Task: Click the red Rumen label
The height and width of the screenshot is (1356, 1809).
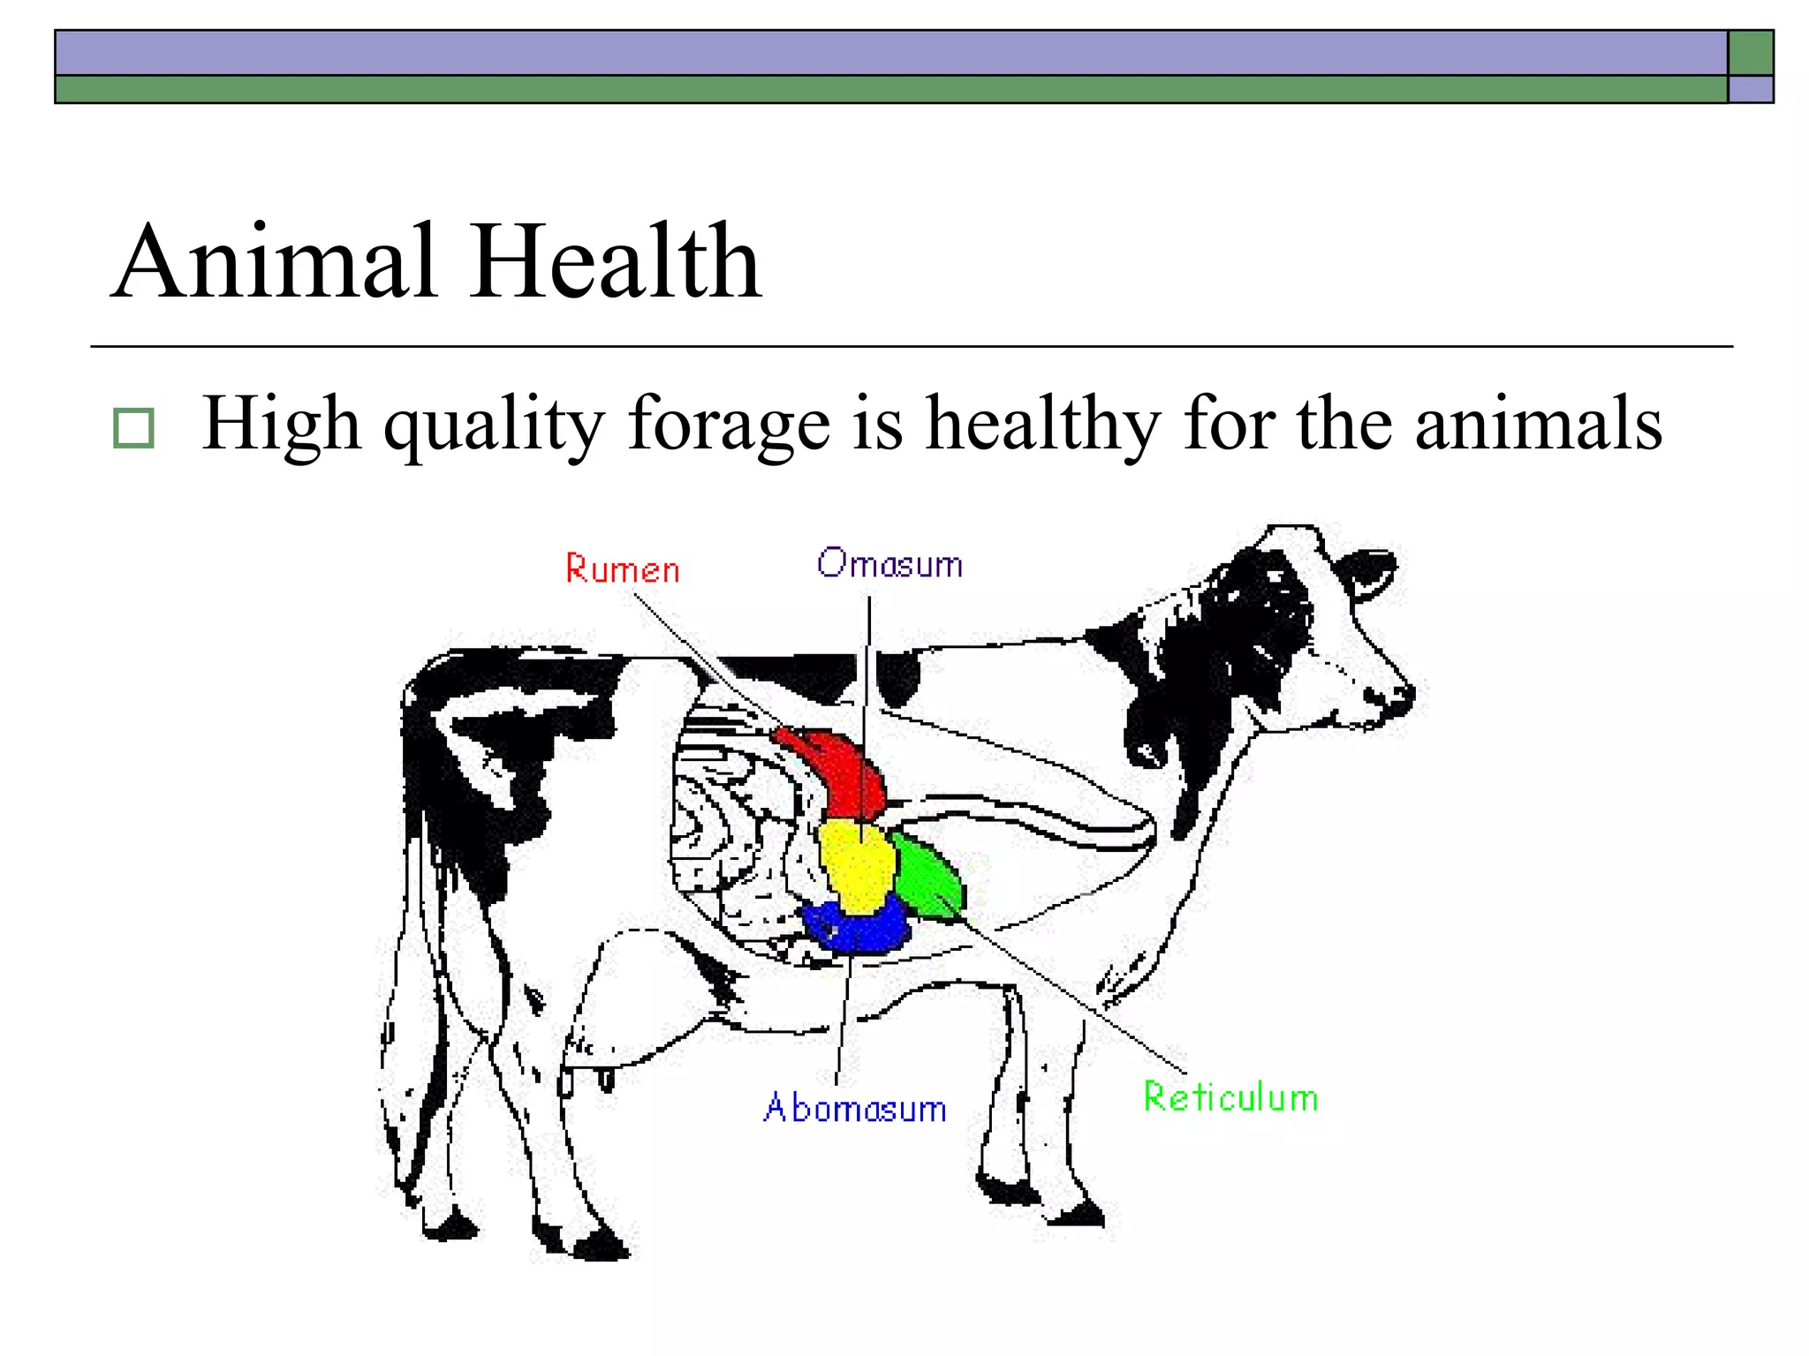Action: click(x=622, y=569)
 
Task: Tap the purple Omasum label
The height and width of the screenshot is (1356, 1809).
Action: click(x=889, y=563)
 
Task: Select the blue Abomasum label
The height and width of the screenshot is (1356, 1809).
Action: click(x=855, y=1108)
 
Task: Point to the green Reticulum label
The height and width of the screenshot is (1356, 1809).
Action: click(x=1230, y=1097)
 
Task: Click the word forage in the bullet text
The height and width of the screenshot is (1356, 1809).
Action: click(x=729, y=426)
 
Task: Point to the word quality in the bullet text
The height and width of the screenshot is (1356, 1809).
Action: click(x=494, y=426)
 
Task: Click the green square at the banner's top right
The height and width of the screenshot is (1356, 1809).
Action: click(x=1751, y=53)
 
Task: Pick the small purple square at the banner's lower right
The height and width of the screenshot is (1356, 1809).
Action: click(x=1751, y=89)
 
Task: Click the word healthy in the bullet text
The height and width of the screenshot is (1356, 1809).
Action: click(x=1043, y=426)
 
